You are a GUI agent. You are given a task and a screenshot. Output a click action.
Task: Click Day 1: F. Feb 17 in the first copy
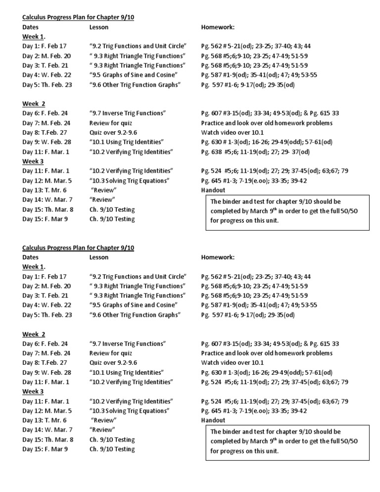45,46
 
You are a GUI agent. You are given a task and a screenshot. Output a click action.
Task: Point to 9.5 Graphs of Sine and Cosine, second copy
134,305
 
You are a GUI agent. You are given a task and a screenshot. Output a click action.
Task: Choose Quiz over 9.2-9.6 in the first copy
113,133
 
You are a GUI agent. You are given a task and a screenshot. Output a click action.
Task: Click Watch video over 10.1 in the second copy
232,363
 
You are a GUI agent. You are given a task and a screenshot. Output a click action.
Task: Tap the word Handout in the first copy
213,190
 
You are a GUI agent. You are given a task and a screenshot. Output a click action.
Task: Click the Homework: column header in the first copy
218,27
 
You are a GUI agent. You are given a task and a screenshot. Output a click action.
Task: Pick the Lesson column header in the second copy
99,257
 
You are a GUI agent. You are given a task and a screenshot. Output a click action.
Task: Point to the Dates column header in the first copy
30,27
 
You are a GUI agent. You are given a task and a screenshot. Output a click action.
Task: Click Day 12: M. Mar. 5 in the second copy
47,411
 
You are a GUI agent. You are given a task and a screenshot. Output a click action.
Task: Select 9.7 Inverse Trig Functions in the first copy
128,113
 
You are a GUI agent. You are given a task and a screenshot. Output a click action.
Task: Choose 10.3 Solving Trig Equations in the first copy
130,181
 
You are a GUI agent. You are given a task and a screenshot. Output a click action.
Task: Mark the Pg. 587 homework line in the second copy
259,305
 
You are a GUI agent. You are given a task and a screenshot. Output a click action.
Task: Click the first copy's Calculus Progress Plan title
78,17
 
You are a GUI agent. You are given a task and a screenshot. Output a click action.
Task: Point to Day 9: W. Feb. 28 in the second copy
47,372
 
